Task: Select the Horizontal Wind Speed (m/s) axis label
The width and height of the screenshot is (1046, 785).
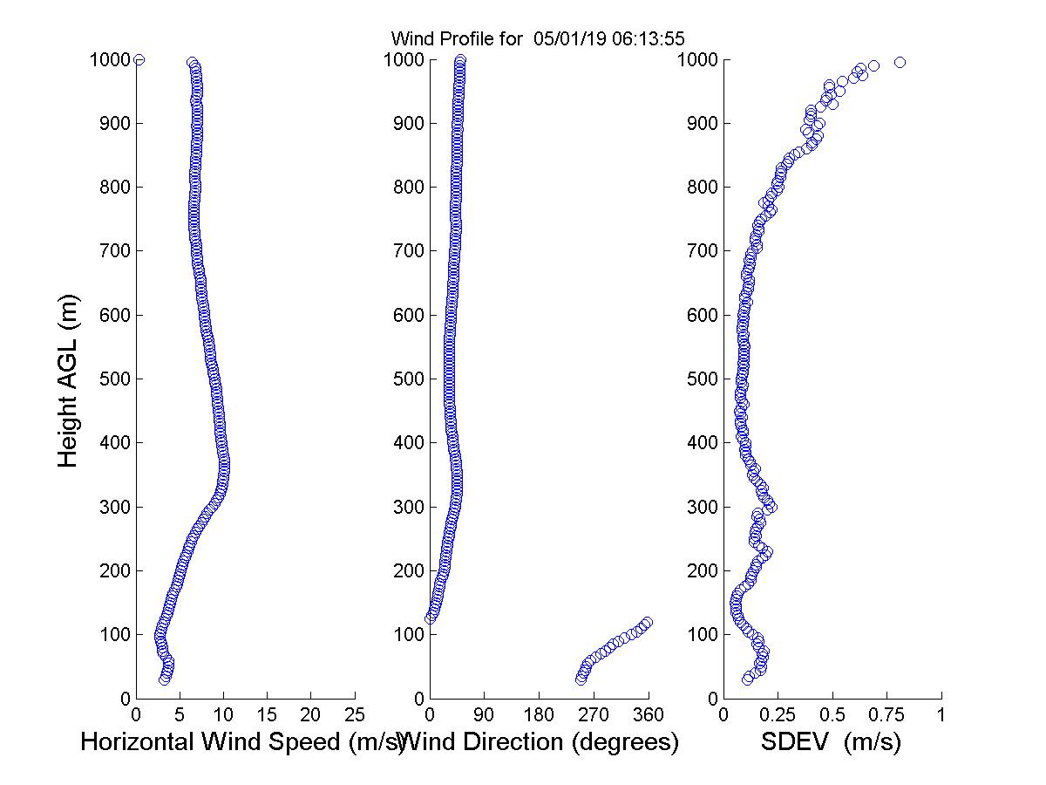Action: click(x=241, y=742)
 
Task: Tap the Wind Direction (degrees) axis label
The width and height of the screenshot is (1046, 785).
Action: click(x=541, y=742)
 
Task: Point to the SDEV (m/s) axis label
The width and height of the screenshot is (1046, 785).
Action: click(x=831, y=742)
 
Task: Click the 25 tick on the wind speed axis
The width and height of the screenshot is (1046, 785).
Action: click(x=355, y=714)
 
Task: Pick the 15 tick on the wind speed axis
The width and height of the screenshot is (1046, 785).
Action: click(x=267, y=714)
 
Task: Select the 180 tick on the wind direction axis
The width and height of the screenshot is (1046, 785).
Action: click(x=539, y=714)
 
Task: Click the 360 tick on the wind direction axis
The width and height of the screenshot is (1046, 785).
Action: click(x=649, y=714)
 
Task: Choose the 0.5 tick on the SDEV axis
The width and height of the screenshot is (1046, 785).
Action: click(x=832, y=714)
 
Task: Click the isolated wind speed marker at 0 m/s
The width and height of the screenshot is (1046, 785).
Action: click(x=139, y=59)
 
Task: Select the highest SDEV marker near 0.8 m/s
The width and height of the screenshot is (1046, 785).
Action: click(x=900, y=62)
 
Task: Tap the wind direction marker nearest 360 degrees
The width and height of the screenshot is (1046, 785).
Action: click(x=647, y=622)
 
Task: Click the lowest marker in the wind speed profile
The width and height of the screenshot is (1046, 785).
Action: click(x=164, y=679)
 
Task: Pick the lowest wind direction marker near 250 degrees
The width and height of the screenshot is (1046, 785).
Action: click(x=581, y=679)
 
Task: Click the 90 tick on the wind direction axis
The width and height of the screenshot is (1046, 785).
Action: click(x=485, y=714)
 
